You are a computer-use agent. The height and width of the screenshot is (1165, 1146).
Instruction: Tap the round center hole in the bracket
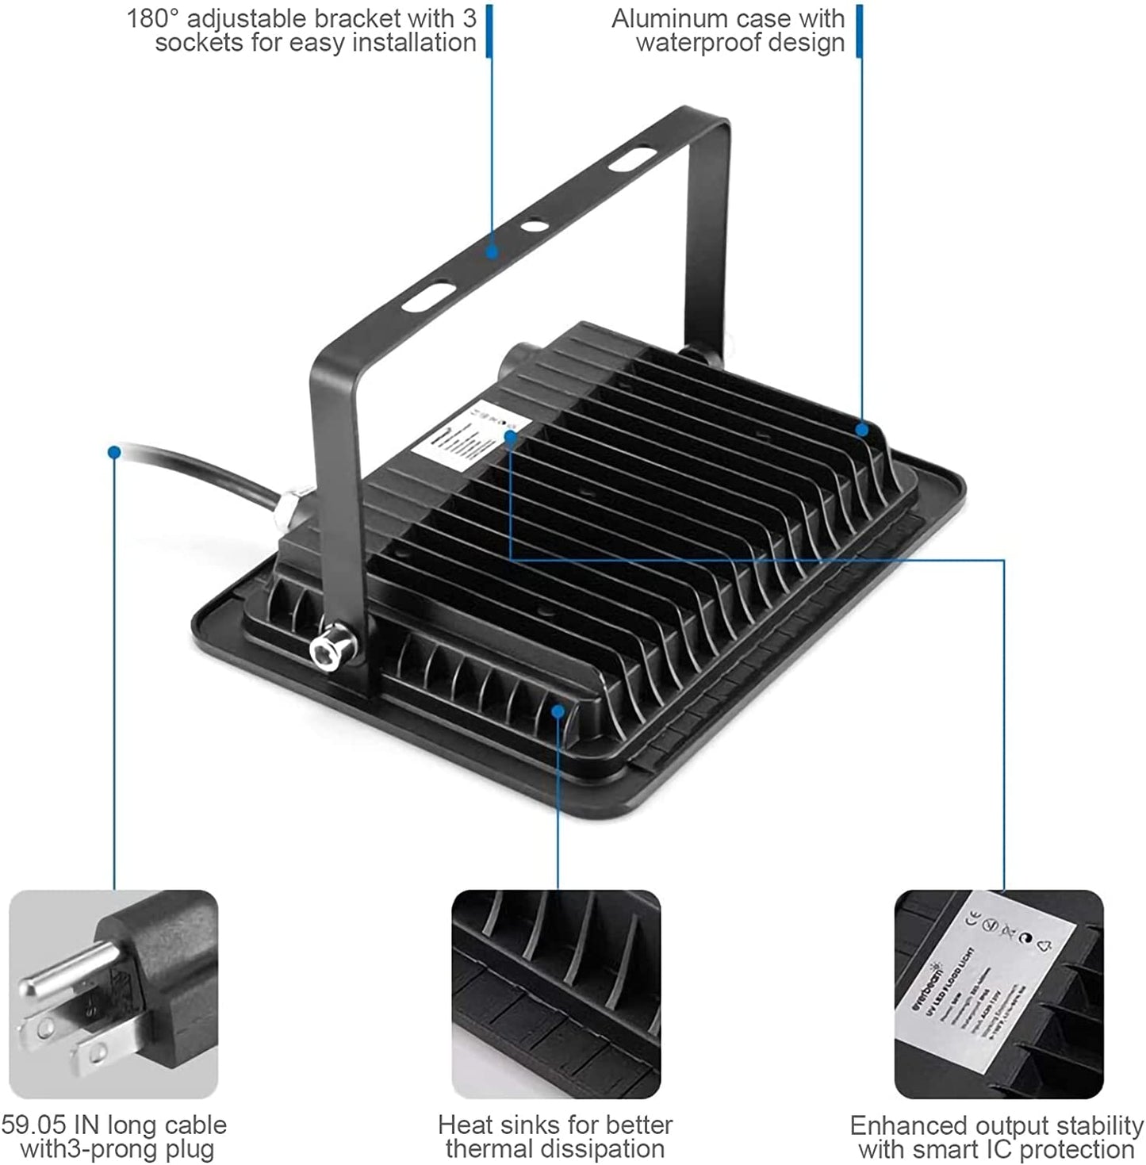533,225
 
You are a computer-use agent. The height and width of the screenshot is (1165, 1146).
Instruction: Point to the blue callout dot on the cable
114,452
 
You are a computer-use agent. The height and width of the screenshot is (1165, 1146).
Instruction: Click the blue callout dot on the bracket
492,253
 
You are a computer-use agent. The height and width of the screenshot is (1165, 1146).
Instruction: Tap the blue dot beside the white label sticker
510,435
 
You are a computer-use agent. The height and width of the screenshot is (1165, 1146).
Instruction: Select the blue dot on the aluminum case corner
862,429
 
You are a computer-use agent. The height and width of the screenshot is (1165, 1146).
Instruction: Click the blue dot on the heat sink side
558,711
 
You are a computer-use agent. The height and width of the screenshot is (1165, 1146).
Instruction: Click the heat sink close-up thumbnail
556,994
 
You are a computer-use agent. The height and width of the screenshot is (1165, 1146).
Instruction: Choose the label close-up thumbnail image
998,994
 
